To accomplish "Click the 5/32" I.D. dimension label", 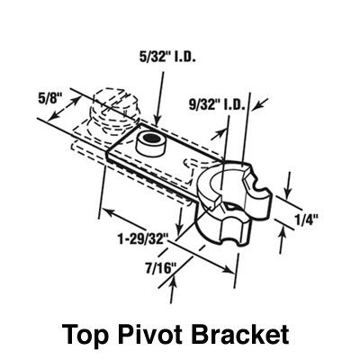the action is (167, 57).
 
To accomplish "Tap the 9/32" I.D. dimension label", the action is (217, 104).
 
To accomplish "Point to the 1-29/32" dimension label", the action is (142, 239).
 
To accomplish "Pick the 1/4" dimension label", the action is (307, 220).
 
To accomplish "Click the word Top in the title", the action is (85, 334).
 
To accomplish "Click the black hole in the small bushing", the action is (149, 138).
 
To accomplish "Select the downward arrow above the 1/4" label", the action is (288, 185).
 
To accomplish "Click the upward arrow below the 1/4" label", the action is (282, 240).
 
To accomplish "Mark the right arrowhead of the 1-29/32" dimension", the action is (229, 269).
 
